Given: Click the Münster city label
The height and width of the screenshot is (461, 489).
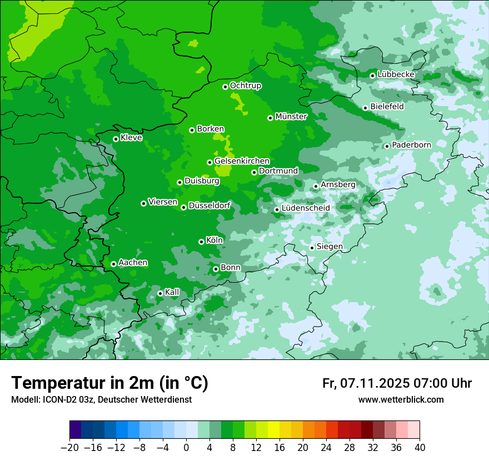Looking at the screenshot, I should click(x=291, y=117).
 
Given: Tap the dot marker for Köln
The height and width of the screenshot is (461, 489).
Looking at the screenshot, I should click(x=201, y=242).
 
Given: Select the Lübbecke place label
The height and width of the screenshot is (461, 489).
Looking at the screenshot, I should click(x=396, y=74).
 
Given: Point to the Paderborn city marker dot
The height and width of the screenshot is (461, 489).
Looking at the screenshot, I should click(x=387, y=146).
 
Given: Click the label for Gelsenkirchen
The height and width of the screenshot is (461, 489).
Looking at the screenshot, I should click(x=242, y=161).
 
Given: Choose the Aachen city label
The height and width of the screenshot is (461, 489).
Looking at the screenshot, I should click(x=133, y=263).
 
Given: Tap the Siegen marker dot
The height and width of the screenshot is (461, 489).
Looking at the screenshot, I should click(x=312, y=248).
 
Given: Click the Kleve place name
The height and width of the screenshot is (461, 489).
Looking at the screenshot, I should click(x=131, y=138).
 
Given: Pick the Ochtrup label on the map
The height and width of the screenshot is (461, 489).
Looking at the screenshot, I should click(x=246, y=86).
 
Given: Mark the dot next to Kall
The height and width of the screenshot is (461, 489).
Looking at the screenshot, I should click(x=160, y=293).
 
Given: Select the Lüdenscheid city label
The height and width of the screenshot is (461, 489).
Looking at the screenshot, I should click(x=306, y=208).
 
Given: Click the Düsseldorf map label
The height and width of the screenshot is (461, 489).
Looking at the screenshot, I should click(x=209, y=206).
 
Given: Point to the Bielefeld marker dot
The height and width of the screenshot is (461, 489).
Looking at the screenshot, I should click(x=365, y=108).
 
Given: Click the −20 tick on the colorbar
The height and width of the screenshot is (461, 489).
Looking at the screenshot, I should click(x=69, y=448).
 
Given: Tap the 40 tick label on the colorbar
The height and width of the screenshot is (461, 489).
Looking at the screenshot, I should click(x=420, y=448).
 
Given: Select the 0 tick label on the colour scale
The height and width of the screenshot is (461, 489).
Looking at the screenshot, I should click(x=186, y=448).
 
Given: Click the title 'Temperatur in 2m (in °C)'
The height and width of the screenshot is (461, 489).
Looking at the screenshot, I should click(x=109, y=383).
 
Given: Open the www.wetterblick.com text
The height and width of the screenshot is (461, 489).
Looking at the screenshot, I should click(x=401, y=400).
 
